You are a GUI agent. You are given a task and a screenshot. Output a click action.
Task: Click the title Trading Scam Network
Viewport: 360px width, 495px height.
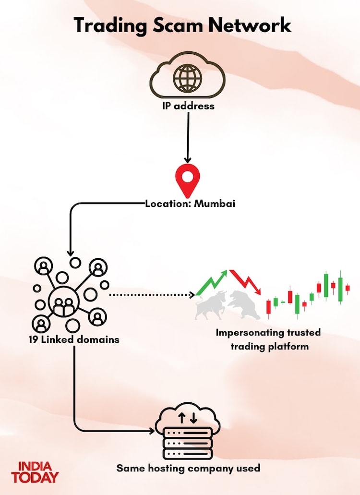(x=182, y=25)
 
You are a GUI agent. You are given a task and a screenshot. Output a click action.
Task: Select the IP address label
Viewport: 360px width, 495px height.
(x=188, y=105)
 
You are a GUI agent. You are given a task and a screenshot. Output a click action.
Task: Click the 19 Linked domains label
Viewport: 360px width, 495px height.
(x=73, y=339)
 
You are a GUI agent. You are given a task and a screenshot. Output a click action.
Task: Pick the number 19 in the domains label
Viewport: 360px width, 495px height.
(x=34, y=339)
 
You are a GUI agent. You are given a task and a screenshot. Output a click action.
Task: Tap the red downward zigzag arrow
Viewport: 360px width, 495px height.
(x=245, y=282)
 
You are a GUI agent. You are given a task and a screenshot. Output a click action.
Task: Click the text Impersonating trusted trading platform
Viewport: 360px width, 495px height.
(x=268, y=339)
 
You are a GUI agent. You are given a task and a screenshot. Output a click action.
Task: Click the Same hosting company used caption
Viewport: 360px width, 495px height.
(x=188, y=468)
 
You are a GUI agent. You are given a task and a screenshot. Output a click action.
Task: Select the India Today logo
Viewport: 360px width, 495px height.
(x=35, y=471)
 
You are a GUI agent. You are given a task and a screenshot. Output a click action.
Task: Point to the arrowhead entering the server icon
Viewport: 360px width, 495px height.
(x=153, y=431)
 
